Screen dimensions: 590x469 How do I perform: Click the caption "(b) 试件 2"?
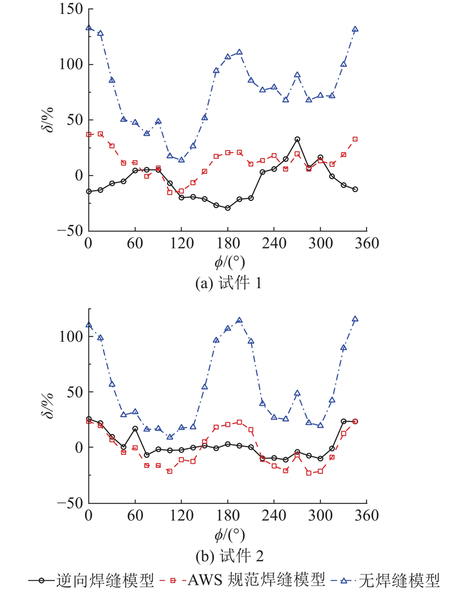228,554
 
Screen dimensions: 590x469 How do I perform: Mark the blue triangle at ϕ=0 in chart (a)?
89,28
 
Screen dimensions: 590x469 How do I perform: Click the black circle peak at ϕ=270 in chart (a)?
297,139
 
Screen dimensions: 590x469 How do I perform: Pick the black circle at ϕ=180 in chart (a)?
227,208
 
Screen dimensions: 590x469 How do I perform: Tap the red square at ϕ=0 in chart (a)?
89,134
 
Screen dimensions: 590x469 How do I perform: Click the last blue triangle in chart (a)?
355,29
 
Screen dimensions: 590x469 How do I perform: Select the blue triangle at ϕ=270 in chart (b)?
297,393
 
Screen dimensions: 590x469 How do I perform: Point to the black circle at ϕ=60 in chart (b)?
135,428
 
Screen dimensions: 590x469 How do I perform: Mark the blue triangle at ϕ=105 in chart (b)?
170,436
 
